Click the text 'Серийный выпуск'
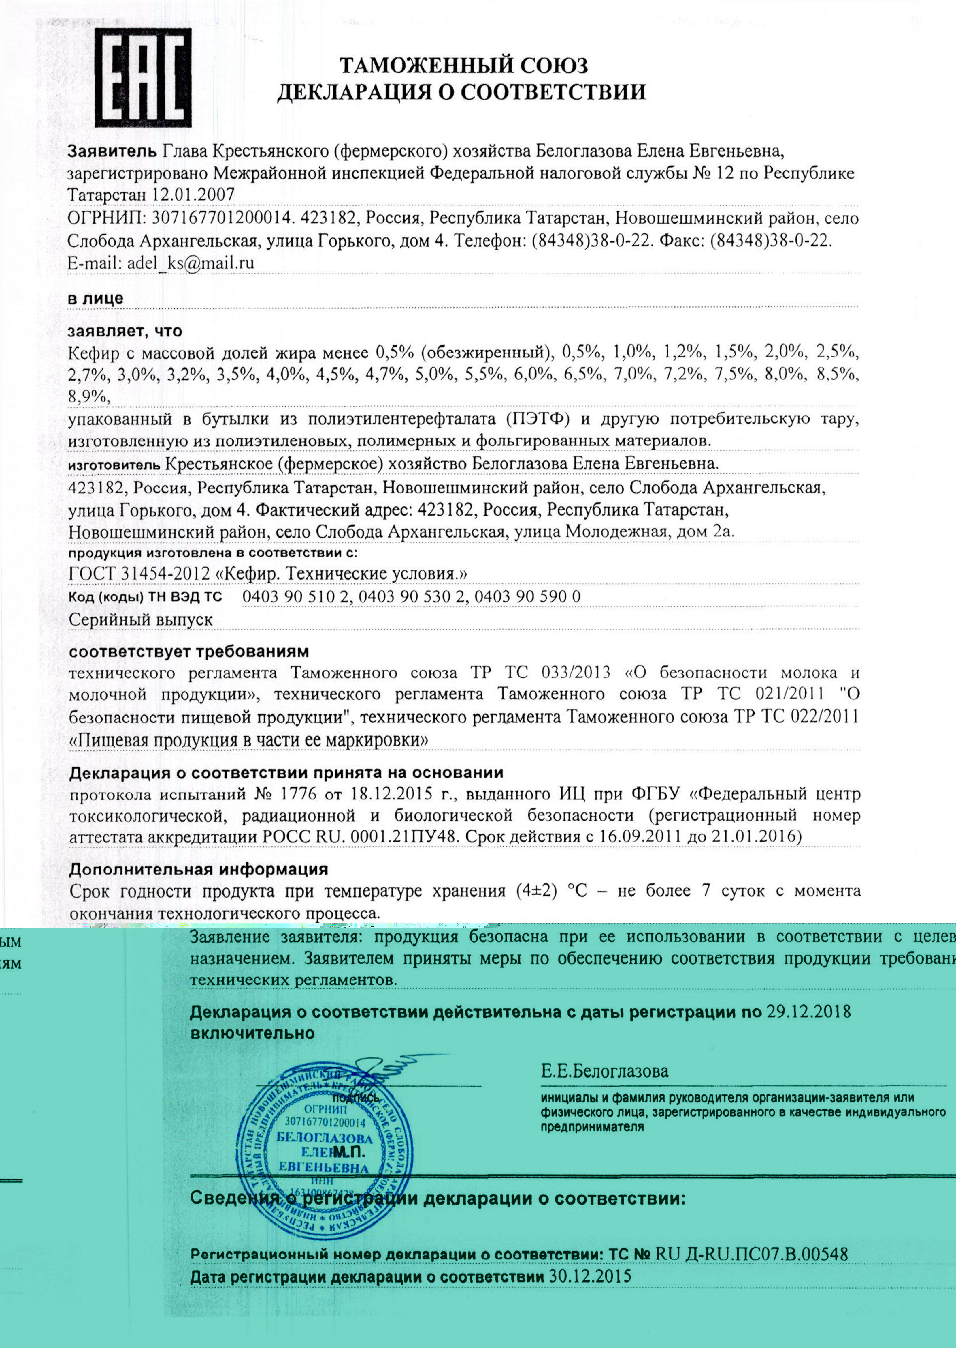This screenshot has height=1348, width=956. [x=141, y=620]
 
